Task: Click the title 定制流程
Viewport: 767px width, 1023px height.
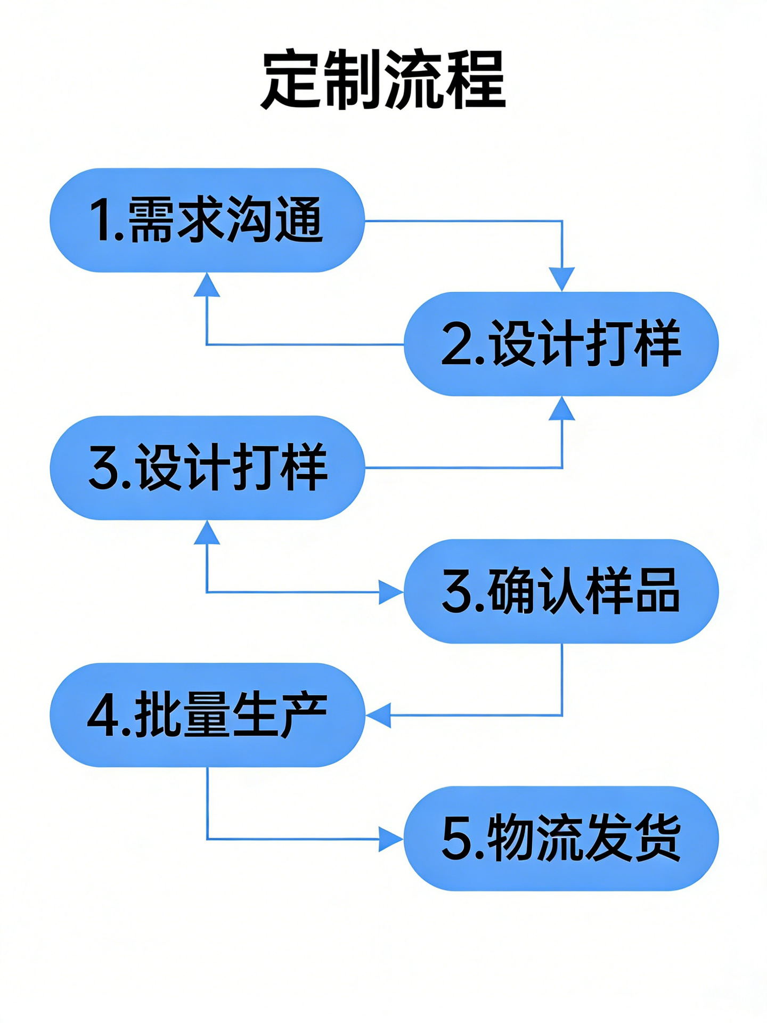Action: [x=383, y=80]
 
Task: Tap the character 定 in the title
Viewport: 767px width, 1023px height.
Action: [x=291, y=80]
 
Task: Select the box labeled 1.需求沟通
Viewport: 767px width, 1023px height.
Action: [x=207, y=220]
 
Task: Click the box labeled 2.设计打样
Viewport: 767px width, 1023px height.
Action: [x=561, y=344]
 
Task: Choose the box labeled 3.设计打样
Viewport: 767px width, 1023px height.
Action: [x=207, y=467]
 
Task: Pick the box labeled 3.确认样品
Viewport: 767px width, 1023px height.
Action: [x=561, y=591]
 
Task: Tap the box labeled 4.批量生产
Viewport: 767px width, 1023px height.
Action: [x=207, y=715]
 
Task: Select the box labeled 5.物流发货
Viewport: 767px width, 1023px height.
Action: [x=561, y=838]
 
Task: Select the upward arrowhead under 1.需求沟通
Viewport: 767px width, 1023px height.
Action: [x=207, y=285]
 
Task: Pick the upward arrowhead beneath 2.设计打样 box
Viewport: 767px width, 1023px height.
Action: [x=562, y=409]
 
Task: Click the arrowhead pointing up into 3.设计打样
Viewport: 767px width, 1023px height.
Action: [x=207, y=532]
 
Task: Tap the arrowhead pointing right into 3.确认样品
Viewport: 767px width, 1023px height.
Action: [x=390, y=592]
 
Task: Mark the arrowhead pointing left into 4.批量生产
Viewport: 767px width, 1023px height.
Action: [x=379, y=715]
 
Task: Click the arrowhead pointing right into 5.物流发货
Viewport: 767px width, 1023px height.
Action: [x=390, y=839]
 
